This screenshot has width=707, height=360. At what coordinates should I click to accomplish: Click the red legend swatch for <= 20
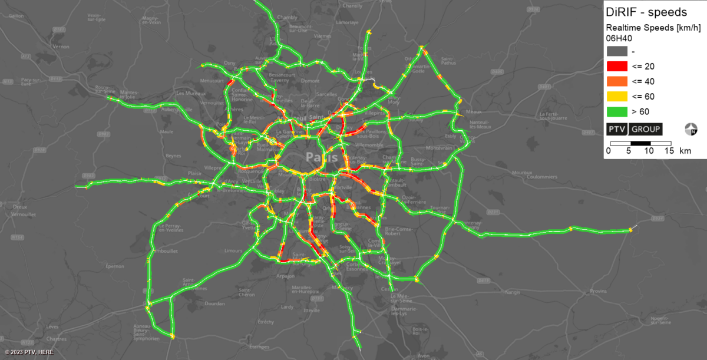[617, 66]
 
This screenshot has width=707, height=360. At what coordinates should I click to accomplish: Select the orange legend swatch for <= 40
[617, 81]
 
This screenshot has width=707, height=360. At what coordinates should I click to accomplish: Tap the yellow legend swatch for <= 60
[617, 96]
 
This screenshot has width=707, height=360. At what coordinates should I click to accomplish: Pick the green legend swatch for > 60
[617, 111]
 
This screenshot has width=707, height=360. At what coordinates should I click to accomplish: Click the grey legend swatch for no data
[617, 51]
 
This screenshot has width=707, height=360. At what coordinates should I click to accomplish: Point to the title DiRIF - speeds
[646, 12]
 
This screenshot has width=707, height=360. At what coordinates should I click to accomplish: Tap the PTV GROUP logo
[635, 129]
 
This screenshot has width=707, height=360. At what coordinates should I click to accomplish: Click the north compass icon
[692, 129]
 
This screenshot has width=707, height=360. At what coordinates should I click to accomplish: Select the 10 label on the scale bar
[649, 151]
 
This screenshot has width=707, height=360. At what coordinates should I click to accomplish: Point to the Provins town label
[598, 291]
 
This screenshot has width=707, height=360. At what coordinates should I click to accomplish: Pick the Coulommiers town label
[543, 176]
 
